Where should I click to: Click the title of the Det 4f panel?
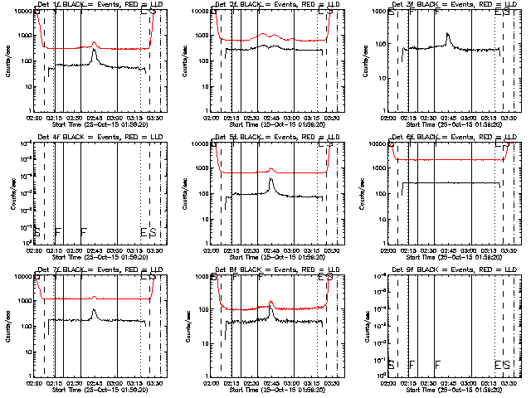point(90,138)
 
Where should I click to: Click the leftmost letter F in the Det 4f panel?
point(57,232)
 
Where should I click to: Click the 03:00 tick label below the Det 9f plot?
point(471,383)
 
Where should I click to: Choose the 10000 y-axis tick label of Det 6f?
point(378,143)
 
